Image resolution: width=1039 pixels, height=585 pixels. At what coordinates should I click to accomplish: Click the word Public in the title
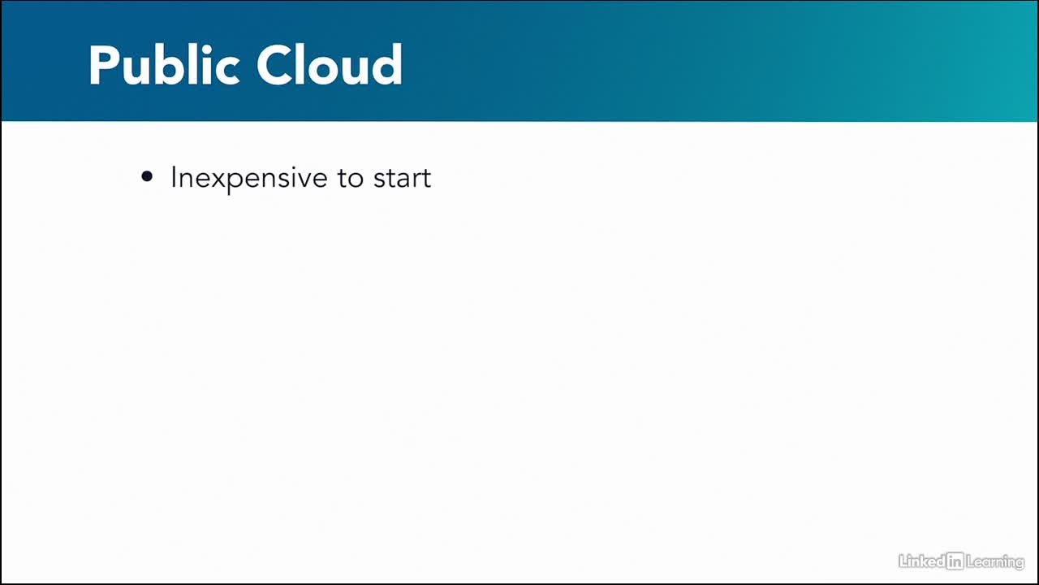point(164,65)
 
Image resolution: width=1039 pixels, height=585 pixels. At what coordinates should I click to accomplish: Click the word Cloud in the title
point(330,65)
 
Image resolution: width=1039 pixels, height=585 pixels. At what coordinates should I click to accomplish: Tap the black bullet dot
point(147,176)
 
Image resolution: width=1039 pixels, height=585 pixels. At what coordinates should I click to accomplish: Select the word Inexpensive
point(249,179)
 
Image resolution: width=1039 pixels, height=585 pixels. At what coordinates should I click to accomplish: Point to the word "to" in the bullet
point(351,178)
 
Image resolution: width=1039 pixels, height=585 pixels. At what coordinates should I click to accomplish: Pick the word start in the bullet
point(402,178)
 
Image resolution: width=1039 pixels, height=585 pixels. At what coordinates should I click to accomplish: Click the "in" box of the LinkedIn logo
point(955,561)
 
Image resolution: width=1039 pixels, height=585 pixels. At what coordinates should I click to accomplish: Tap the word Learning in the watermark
point(995,562)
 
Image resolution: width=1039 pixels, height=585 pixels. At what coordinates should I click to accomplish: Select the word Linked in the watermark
point(922,561)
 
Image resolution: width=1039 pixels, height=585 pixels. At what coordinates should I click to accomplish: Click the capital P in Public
point(104,66)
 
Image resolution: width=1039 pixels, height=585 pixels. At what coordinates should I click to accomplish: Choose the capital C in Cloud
point(274,66)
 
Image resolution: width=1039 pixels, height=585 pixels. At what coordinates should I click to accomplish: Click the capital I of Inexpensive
point(174,177)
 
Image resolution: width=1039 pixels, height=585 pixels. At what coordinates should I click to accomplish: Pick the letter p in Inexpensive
point(235,183)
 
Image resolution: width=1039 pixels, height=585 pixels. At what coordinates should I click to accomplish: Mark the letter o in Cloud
point(317,71)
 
